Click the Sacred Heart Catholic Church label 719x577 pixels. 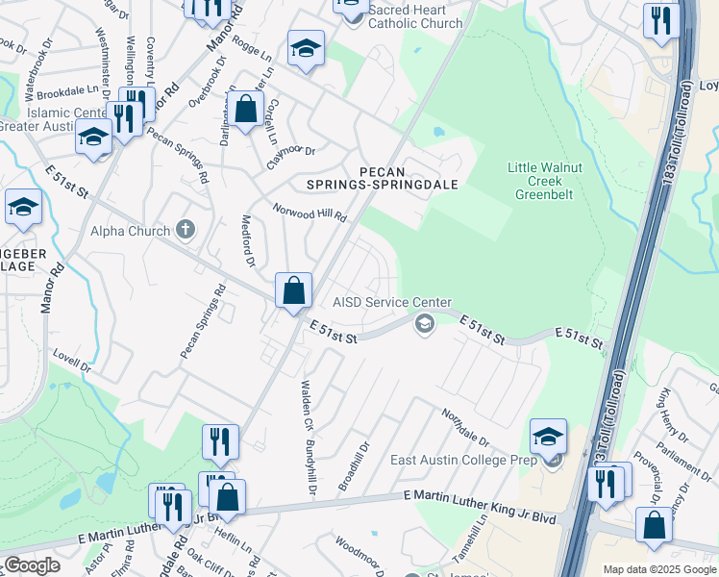click(415, 16)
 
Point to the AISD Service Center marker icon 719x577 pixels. click(423, 324)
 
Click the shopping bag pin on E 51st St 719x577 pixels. click(293, 290)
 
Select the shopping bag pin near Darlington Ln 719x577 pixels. click(246, 108)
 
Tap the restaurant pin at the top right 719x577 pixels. click(660, 20)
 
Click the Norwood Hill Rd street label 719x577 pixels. click(309, 213)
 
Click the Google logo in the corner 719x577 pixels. click(33, 565)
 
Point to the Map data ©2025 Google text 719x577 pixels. click(658, 569)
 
